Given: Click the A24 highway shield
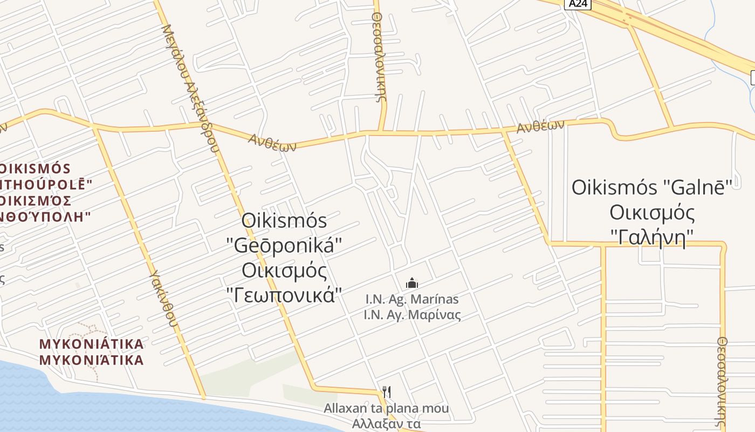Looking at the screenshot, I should [578, 4].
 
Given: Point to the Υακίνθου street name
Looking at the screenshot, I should [163, 299].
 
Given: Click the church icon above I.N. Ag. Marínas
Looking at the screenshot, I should [412, 283].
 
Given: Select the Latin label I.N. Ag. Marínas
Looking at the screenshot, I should [412, 299].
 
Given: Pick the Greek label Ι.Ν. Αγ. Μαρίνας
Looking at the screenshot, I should [412, 314].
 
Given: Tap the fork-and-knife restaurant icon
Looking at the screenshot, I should [386, 391].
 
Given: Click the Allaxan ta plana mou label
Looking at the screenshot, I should [386, 408].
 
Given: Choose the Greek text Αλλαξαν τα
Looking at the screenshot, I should [386, 424].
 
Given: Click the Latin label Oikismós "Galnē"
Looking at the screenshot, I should [651, 188].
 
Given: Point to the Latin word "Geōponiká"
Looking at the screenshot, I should [285, 245].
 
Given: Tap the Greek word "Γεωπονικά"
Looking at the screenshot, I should [285, 294].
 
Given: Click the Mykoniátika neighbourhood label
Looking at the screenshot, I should [92, 344].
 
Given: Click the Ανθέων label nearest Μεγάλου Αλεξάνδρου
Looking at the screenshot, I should [273, 143].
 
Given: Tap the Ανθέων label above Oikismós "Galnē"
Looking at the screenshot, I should [540, 127].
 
